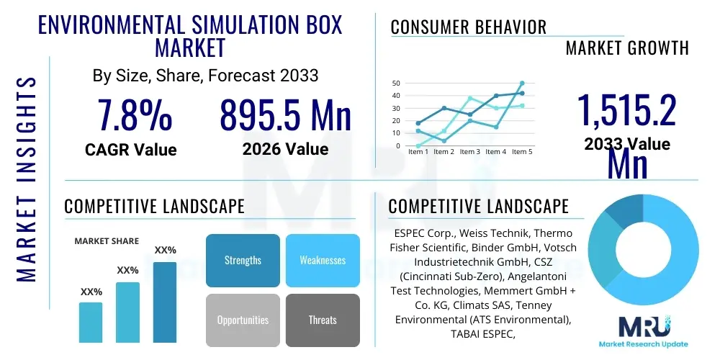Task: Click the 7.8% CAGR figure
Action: point(135,115)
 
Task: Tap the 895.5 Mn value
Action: point(285,115)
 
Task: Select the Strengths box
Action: point(243,260)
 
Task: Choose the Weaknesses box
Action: point(323,260)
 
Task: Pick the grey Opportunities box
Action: point(243,320)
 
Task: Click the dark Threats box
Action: point(323,320)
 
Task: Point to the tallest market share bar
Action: point(165,302)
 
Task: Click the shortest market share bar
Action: point(91,322)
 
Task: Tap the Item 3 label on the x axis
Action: point(469,152)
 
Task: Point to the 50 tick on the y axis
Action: point(396,84)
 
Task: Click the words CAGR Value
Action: point(130,150)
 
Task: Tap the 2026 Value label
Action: point(285,150)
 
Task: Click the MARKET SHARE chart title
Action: point(107,241)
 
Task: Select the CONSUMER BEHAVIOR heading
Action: point(468,27)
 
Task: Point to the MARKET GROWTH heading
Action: point(627,48)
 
